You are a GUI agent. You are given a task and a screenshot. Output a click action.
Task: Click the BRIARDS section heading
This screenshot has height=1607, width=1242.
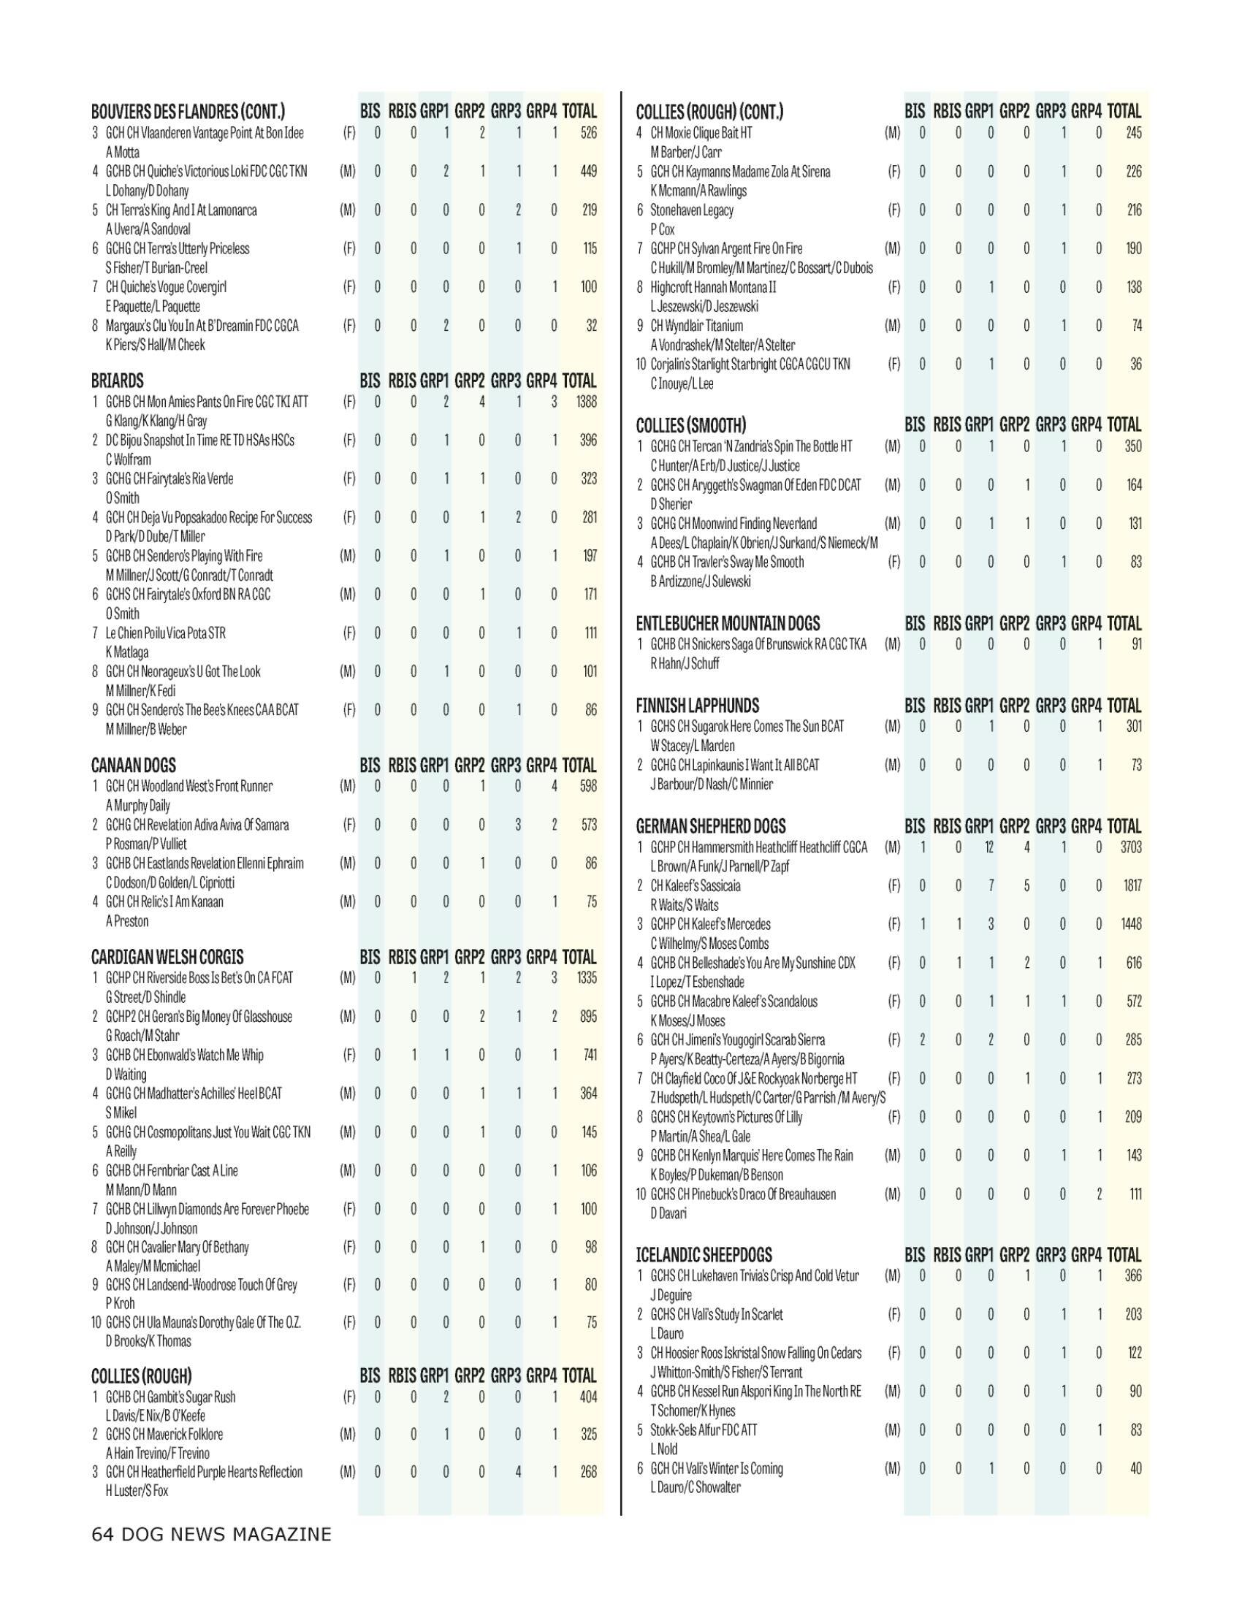(x=118, y=381)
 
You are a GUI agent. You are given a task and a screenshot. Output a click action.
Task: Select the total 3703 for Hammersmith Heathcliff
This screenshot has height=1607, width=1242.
(x=1130, y=847)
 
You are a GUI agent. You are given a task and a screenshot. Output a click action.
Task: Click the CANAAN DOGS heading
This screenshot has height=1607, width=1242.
(x=133, y=766)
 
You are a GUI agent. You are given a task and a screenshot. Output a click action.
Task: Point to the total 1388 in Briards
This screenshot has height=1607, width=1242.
(x=587, y=402)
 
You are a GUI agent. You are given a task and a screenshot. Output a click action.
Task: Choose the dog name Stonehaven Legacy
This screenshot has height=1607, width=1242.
(x=692, y=210)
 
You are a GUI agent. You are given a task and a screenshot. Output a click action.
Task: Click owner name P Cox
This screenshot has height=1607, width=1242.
(x=662, y=229)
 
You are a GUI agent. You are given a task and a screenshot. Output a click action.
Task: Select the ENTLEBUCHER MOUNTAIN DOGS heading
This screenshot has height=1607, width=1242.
(x=728, y=624)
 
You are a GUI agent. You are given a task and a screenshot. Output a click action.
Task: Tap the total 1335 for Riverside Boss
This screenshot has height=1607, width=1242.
(x=587, y=978)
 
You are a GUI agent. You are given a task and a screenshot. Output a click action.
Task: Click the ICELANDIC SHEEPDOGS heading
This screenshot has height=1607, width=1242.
(x=704, y=1255)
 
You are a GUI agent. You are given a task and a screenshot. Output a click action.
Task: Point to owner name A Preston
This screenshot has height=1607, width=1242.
(x=127, y=921)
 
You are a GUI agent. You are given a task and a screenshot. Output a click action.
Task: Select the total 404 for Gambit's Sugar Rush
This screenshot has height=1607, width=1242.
(x=588, y=1397)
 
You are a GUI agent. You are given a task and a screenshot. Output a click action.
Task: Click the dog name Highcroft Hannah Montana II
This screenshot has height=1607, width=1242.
(x=713, y=287)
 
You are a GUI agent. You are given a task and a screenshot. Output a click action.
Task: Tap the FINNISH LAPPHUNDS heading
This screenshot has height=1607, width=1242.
(x=697, y=706)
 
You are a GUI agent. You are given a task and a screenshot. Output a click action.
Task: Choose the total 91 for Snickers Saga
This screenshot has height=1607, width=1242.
(x=1135, y=644)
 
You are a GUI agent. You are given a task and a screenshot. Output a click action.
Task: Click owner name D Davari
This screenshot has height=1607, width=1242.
(x=668, y=1213)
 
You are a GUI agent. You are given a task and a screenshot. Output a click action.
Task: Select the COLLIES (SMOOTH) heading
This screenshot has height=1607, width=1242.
(x=691, y=425)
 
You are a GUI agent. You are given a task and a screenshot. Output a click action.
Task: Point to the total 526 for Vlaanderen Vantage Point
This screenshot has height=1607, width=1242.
(x=588, y=133)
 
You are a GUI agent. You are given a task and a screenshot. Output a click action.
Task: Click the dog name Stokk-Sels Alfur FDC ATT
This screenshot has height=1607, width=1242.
(x=704, y=1429)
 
